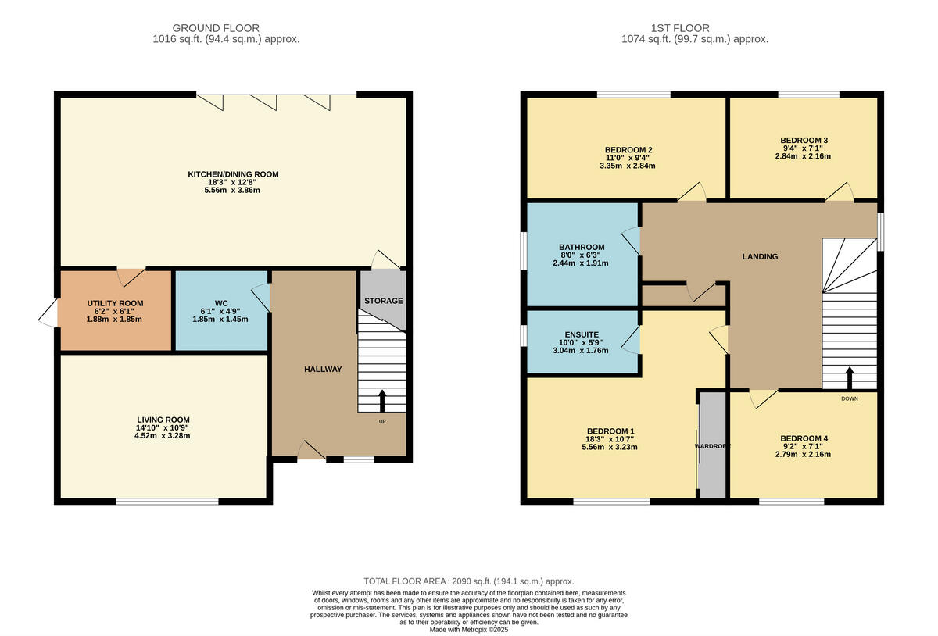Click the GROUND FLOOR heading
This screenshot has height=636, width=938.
point(227,28)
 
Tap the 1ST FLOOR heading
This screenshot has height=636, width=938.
point(695,28)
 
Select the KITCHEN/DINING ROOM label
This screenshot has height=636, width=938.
point(233,174)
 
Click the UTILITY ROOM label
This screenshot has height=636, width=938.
point(115,303)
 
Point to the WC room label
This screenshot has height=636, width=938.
point(221,303)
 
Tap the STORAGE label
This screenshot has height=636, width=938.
point(383,301)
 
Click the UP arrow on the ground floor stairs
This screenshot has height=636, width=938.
point(382,401)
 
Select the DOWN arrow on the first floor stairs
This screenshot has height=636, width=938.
point(850,379)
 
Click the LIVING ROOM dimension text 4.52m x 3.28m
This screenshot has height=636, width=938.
point(163,436)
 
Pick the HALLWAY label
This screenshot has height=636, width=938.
point(323,369)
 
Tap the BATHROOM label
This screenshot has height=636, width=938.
point(582,247)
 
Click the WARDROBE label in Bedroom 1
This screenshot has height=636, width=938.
point(712,446)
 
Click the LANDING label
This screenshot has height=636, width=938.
point(760,256)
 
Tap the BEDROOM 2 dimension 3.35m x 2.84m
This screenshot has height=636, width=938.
point(628,166)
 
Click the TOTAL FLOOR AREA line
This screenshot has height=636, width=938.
point(469,581)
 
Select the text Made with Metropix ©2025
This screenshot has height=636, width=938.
point(469,629)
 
